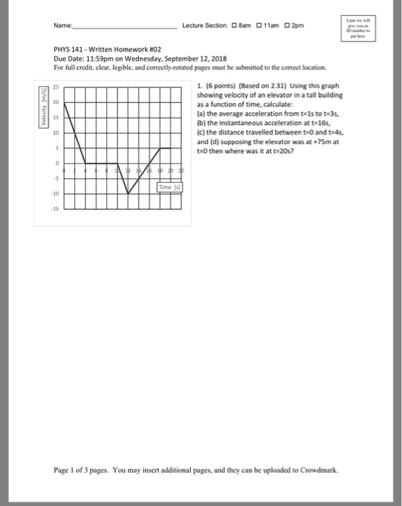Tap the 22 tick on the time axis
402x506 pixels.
click(x=182, y=171)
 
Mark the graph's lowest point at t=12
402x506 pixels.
click(x=129, y=194)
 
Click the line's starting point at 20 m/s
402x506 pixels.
click(x=65, y=103)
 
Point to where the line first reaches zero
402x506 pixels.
click(x=86, y=163)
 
